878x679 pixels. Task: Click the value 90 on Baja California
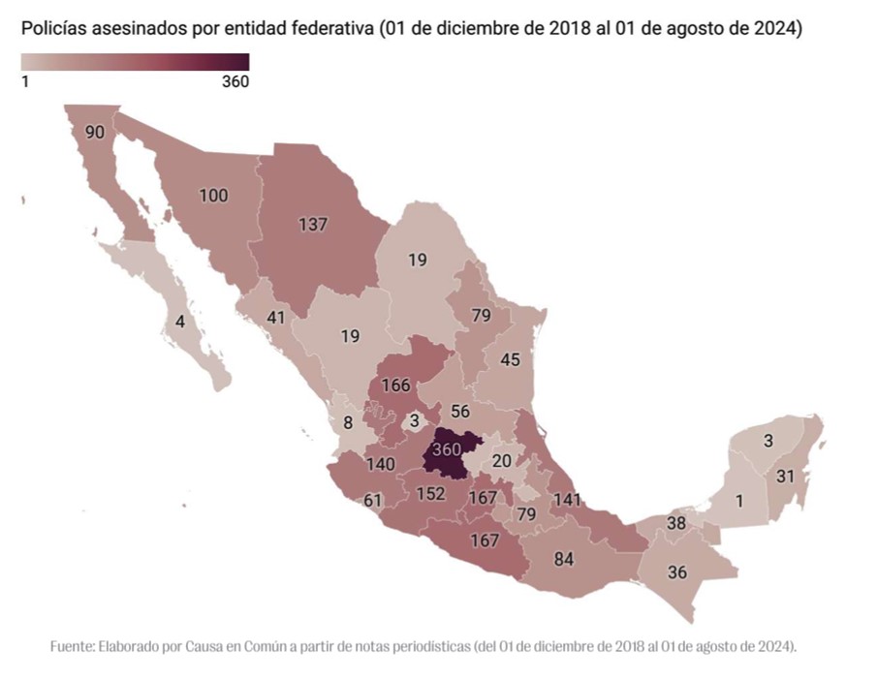[95, 133]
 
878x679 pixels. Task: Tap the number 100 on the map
[213, 196]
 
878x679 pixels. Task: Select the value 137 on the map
[313, 224]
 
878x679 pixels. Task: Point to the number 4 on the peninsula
[180, 321]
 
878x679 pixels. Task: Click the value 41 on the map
[276, 317]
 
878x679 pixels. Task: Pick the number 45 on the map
[510, 360]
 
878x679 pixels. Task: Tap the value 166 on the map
[395, 386]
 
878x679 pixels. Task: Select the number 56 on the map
[461, 411]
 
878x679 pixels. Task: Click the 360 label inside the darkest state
[447, 449]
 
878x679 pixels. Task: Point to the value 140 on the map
[380, 464]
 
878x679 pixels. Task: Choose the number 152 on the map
[430, 494]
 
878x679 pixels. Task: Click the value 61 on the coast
[373, 500]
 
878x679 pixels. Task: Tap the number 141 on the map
[568, 500]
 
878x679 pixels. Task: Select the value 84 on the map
[563, 559]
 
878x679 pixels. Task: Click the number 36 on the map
[677, 571]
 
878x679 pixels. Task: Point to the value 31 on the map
[785, 477]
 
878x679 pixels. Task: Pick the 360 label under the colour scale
[235, 82]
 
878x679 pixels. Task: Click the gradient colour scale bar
[135, 63]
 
